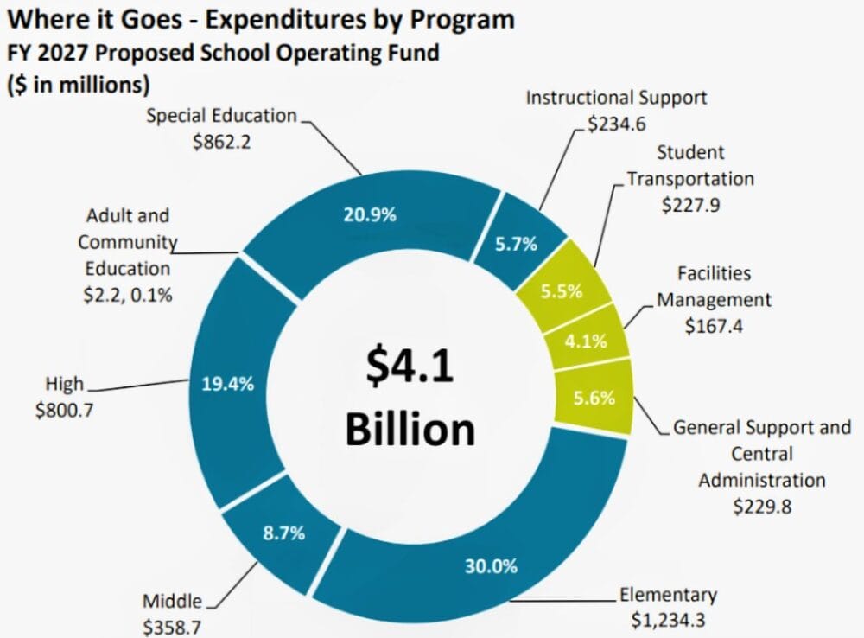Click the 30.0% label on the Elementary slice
[489, 567]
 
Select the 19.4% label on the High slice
[227, 385]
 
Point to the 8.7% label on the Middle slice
[283, 533]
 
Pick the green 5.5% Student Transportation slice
[563, 291]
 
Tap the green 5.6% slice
[594, 399]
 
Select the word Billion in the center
[410, 430]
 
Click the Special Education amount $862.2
[221, 142]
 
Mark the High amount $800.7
[64, 410]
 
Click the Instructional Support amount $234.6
[616, 124]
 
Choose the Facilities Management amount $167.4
[715, 326]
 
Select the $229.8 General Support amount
[762, 507]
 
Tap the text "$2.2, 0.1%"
[128, 295]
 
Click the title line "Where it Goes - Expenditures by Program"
[258, 18]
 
